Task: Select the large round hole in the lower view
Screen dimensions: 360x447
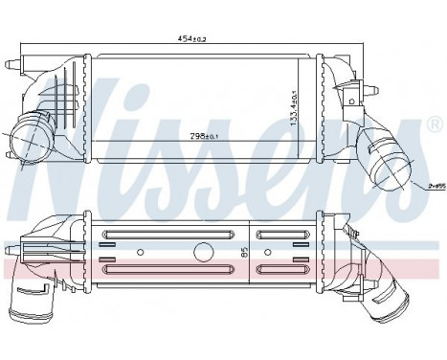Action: click(203, 253)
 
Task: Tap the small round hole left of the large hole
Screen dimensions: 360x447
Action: click(141, 253)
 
